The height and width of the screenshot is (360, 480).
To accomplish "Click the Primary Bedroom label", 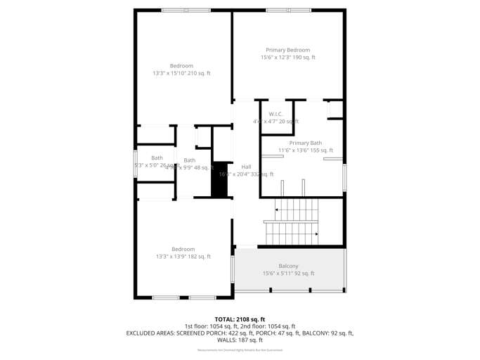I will [x=287, y=50].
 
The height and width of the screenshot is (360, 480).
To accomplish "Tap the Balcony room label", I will [x=288, y=266].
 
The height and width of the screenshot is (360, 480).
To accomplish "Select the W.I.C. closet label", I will [x=275, y=114].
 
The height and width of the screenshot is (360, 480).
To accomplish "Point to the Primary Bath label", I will [x=305, y=143].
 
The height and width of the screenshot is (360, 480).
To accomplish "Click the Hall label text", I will [x=246, y=167].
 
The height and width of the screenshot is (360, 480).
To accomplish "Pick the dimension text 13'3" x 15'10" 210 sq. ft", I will [x=181, y=73].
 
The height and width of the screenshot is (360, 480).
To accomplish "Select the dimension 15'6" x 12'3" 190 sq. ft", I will [x=287, y=58].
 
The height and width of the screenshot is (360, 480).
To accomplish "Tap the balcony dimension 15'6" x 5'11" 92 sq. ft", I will [x=288, y=274].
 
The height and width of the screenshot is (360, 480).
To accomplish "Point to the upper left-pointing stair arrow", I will [x=278, y=209].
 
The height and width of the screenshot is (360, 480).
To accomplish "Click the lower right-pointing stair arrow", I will [x=317, y=234].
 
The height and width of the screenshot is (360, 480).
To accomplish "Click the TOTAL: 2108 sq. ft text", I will [x=240, y=319].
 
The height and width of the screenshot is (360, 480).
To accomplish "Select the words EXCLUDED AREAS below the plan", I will [x=149, y=333].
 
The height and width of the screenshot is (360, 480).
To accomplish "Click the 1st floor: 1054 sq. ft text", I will [x=209, y=326].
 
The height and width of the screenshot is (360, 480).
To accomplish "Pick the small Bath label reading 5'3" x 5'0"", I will [x=157, y=158].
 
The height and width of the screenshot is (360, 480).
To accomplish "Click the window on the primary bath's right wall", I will [x=344, y=176].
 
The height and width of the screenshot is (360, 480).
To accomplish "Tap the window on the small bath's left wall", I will [x=136, y=164].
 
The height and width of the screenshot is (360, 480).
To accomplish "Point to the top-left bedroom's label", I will [x=181, y=66].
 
